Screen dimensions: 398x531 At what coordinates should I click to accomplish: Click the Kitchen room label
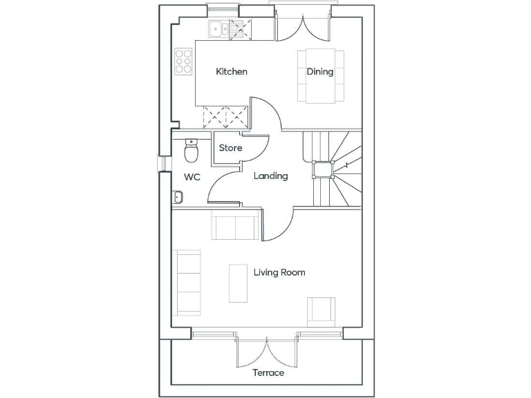(232, 72)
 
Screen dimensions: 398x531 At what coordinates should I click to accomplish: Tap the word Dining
(320, 72)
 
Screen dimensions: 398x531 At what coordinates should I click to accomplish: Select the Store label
(230, 148)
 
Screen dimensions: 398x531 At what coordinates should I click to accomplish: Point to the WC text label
(192, 177)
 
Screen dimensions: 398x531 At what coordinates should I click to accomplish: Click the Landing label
(270, 176)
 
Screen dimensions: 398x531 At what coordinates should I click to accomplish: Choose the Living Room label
(279, 272)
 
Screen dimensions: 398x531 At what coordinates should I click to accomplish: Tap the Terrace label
(268, 373)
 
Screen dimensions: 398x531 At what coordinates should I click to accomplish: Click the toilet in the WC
(192, 148)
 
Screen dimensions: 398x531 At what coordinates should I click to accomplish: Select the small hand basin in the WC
(177, 198)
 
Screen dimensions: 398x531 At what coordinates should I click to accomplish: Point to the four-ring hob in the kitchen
(183, 61)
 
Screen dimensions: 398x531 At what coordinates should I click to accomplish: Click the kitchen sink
(220, 29)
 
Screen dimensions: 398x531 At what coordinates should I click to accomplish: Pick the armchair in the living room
(322, 310)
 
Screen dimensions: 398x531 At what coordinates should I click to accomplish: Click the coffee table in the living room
(239, 283)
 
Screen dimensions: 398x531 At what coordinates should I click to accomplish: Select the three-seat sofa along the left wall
(189, 281)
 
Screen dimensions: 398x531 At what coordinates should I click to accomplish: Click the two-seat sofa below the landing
(236, 227)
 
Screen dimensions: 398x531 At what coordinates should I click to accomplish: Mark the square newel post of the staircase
(323, 169)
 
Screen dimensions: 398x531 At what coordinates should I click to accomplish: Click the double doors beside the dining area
(301, 28)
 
